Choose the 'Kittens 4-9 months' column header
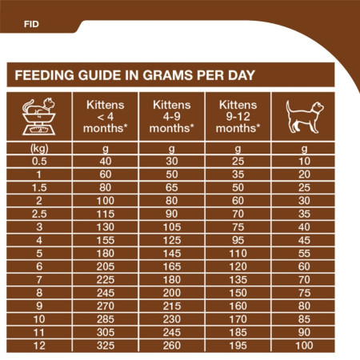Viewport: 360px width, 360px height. point(170,117)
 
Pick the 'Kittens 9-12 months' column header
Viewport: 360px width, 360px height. point(237,117)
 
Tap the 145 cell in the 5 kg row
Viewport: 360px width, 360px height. point(170,253)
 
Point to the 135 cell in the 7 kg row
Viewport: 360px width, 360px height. point(237,279)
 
